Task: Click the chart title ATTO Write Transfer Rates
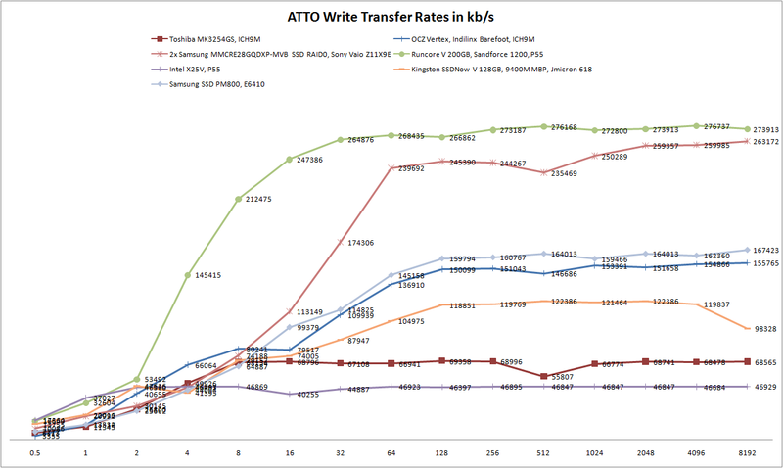(x=391, y=17)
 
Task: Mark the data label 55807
(x=559, y=377)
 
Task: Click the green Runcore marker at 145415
(x=188, y=275)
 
